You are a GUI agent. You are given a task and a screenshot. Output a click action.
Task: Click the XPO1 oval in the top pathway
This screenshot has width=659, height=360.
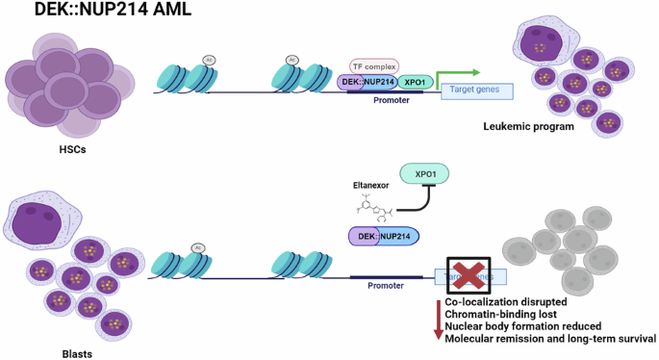(415, 83)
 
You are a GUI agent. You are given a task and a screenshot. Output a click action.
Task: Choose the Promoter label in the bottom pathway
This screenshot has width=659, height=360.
(386, 285)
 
